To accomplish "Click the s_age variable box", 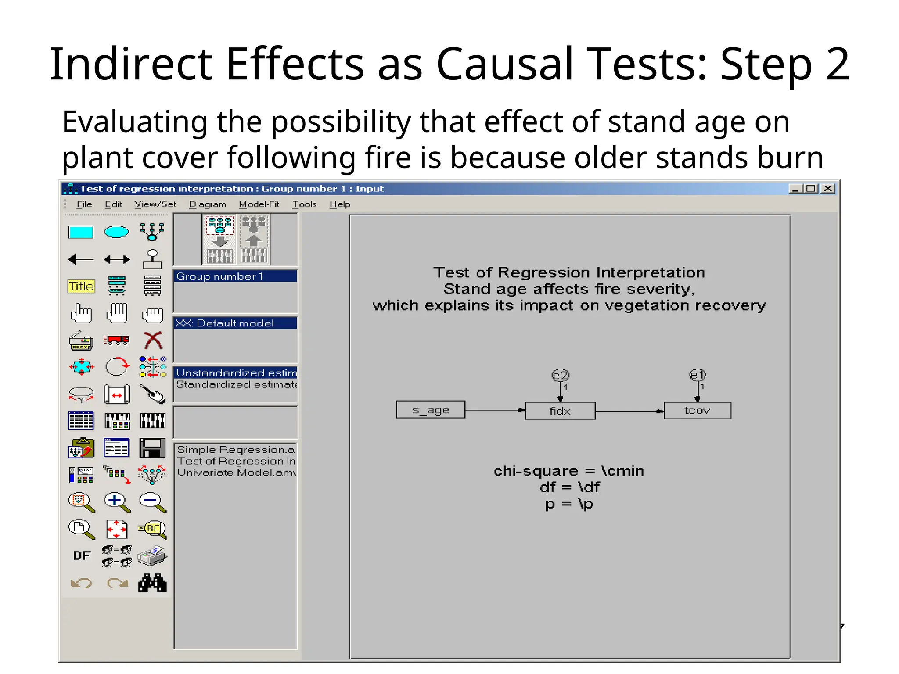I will [x=430, y=410].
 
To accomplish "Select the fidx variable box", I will [x=560, y=411].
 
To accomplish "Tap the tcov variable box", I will [x=697, y=411].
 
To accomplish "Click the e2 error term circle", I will [x=560, y=376].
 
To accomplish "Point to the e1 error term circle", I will [x=698, y=375].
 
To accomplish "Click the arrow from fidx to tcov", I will [x=629, y=412].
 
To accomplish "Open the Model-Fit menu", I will [x=259, y=204].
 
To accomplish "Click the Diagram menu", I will [x=207, y=204].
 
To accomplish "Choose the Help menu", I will [x=340, y=204].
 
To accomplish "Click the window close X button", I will [x=828, y=189].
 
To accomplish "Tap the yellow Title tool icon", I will [x=81, y=287].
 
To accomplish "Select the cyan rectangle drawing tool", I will [x=81, y=232].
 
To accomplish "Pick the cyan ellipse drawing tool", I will [x=116, y=232].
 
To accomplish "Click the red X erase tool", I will [x=153, y=341].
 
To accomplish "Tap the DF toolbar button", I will [x=81, y=556].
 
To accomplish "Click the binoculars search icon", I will [x=152, y=583].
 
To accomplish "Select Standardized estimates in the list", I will [x=236, y=384].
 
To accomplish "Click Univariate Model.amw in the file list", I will [x=236, y=473].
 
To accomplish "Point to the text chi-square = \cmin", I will [x=568, y=471].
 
